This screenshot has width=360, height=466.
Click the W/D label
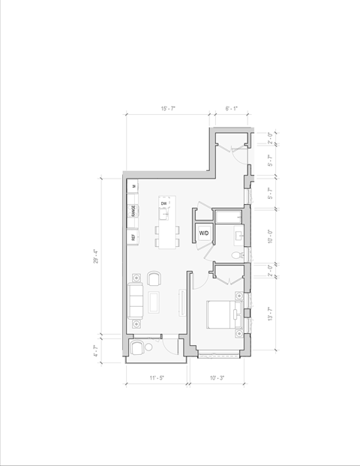point(204,234)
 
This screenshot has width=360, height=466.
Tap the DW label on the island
point(163,203)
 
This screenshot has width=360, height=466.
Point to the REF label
point(133,237)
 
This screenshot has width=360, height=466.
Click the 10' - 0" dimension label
point(270,236)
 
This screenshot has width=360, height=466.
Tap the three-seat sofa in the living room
point(136,301)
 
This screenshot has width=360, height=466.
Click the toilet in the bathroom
point(236,256)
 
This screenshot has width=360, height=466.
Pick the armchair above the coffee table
point(154,279)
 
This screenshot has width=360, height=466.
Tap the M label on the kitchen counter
point(133,185)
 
